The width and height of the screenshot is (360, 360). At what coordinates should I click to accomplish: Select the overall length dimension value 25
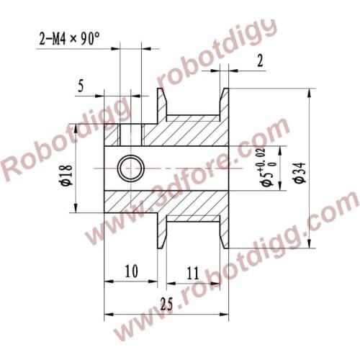(x=167, y=305)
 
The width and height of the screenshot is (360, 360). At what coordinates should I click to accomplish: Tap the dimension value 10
(x=131, y=271)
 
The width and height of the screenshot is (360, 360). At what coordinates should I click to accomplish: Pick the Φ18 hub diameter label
(x=66, y=175)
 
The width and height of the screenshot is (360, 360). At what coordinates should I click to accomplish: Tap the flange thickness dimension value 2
(x=259, y=62)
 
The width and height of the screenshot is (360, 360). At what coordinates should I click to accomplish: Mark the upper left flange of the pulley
(x=162, y=104)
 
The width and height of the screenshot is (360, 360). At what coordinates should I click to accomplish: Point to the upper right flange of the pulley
(x=224, y=104)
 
